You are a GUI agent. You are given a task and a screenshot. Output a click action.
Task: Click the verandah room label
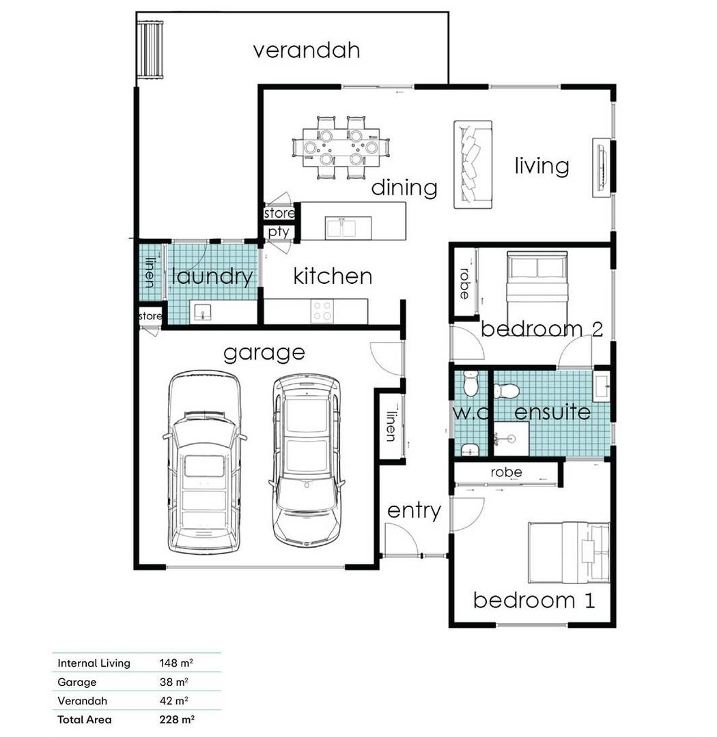coord(307,50)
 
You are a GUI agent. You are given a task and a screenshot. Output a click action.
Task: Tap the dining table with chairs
coord(341,147)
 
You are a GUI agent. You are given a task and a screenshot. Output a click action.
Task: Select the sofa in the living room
coord(473,164)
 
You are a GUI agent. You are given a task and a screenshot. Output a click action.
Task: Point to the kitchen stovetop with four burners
coord(322,311)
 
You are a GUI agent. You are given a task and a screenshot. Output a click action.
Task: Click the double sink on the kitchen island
coord(348,228)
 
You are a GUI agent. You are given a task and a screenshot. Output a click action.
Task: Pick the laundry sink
coord(202,312)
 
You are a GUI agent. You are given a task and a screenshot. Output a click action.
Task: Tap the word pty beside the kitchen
coord(279,232)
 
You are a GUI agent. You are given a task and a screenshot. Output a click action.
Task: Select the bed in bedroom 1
coord(569,552)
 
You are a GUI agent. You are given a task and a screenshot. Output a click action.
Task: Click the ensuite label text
coord(552,412)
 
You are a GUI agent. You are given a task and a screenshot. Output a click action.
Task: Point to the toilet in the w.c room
coord(470,384)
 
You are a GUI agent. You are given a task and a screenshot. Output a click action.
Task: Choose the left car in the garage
coord(204,461)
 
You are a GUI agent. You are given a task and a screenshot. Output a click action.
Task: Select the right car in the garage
coord(307,461)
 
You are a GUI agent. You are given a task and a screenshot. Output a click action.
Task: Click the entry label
coord(414,511)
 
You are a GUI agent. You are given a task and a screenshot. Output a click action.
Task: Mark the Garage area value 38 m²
coord(174,682)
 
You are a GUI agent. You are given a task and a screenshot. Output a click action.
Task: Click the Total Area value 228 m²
coord(177,719)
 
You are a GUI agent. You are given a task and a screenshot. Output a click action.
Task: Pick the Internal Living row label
coord(94,663)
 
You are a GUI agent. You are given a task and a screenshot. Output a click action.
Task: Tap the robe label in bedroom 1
coord(506,472)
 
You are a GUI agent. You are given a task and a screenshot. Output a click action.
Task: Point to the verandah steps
coord(150,50)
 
